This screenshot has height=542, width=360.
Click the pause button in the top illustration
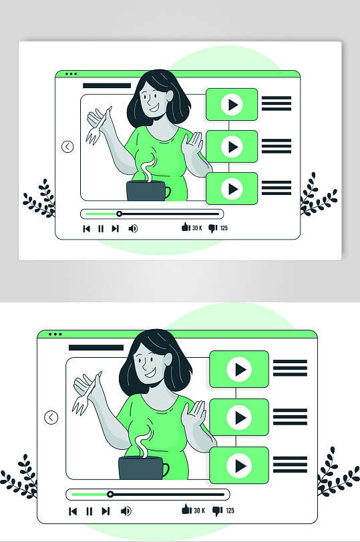point(101,228)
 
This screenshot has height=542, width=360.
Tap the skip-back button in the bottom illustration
point(73,511)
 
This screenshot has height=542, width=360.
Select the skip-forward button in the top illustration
point(115,228)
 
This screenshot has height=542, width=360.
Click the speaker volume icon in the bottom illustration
point(126,511)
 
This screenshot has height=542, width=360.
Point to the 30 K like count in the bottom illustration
point(199,510)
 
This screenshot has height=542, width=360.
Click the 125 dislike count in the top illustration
point(224,228)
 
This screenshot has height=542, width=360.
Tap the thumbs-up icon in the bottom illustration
point(186,509)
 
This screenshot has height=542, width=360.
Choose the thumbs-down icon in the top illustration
point(212,228)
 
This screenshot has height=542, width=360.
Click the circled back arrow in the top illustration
point(67,147)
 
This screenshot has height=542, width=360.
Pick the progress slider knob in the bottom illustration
point(110,495)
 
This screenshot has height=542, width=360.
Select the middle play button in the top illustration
point(232,147)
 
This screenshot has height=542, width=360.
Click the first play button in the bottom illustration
point(239,369)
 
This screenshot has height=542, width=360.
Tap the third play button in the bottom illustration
point(239,465)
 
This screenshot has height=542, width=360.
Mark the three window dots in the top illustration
point(71,73)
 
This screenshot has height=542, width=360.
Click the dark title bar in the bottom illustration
point(96,347)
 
